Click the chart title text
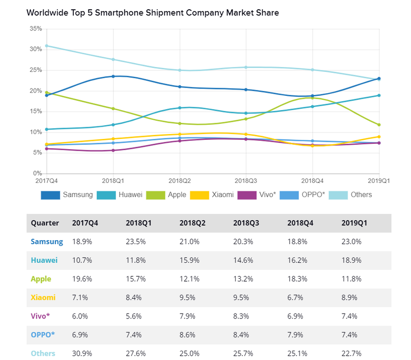(153, 13)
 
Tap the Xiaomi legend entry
(211, 195)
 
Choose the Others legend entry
(350, 195)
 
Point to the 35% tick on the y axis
(36, 29)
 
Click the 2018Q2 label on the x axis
(180, 180)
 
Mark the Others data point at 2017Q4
(46, 46)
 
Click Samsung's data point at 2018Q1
(114, 76)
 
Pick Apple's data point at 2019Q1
(379, 125)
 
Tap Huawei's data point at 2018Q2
(180, 108)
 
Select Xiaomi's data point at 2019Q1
(379, 136)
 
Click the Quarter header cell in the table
(45, 223)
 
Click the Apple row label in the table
(41, 279)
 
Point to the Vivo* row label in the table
(41, 316)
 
